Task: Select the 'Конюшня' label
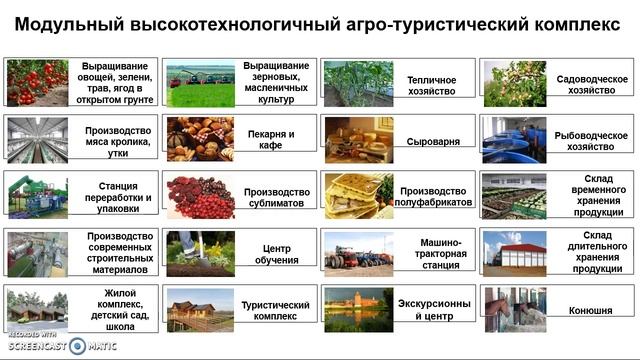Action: tap(591, 310)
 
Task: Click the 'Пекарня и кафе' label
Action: tap(271, 140)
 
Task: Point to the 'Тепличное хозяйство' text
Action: tap(432, 85)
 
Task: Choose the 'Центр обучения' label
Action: tap(275, 254)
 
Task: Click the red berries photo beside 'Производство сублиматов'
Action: tap(199, 196)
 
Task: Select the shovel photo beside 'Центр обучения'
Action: tap(199, 253)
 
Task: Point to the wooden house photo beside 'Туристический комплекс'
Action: tap(199, 309)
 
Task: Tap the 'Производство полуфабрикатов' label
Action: tap(434, 197)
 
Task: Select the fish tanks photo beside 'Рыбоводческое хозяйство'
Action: tap(514, 140)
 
